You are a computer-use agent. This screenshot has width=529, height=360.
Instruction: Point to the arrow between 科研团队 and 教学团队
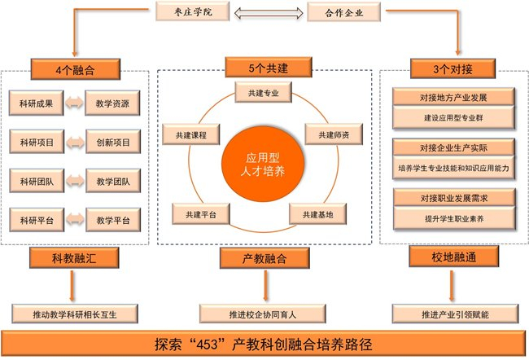[x=75, y=182]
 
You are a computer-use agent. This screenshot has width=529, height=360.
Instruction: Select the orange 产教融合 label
[x=264, y=259]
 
